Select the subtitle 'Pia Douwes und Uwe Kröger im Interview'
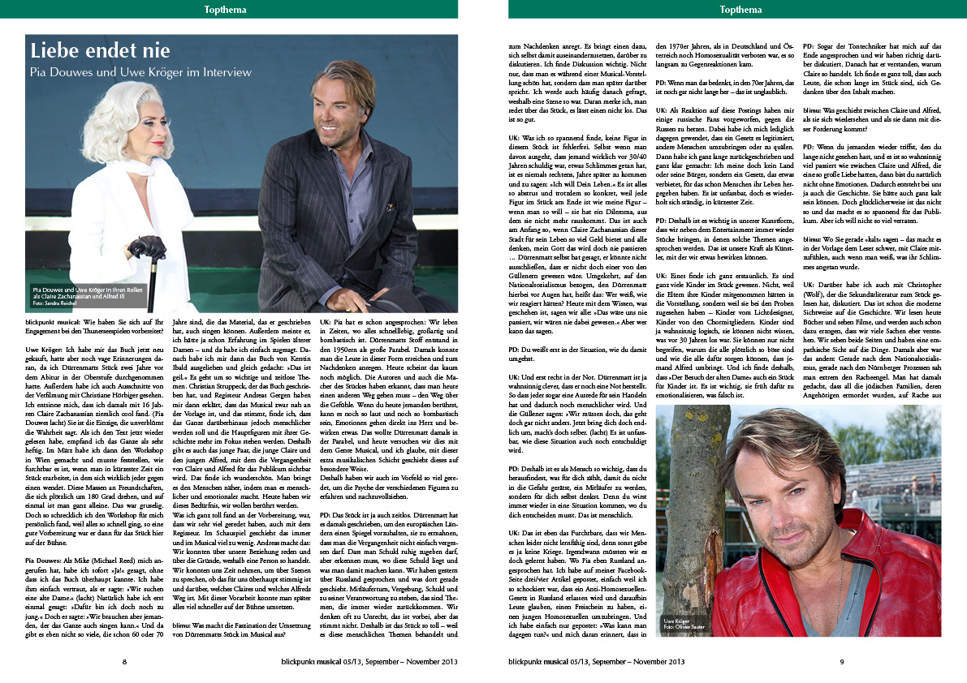[141, 72]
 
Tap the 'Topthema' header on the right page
[740, 9]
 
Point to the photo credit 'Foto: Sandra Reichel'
[53, 303]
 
